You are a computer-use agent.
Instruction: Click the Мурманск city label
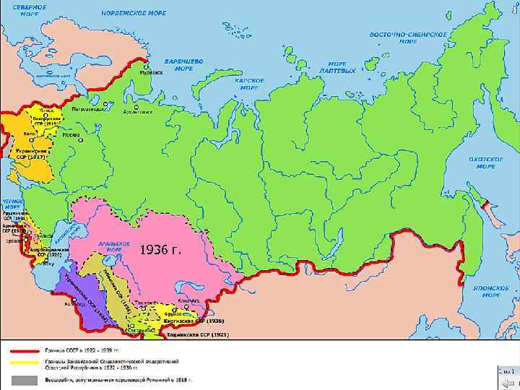tap(151, 73)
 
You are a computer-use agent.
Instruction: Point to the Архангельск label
tap(139, 112)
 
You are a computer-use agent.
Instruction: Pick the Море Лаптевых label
tap(342, 67)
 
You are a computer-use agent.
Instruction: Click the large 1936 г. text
tap(160, 249)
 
